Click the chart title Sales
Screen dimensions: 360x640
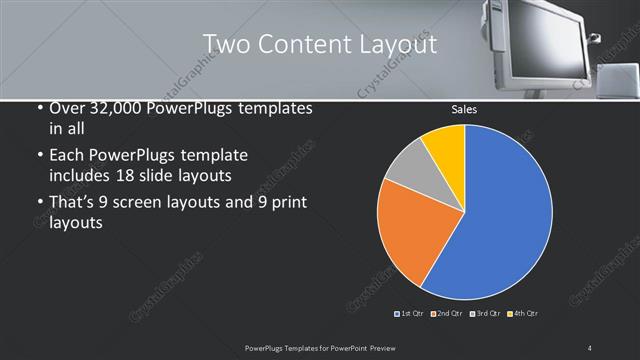click(464, 109)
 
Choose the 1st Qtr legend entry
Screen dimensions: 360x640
click(410, 314)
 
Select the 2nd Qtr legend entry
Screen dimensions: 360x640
click(447, 314)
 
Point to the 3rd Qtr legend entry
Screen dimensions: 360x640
click(485, 314)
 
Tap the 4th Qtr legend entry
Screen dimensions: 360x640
click(522, 314)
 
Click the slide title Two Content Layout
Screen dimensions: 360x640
click(319, 44)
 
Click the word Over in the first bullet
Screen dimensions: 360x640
click(67, 109)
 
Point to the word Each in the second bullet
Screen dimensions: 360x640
click(67, 156)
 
